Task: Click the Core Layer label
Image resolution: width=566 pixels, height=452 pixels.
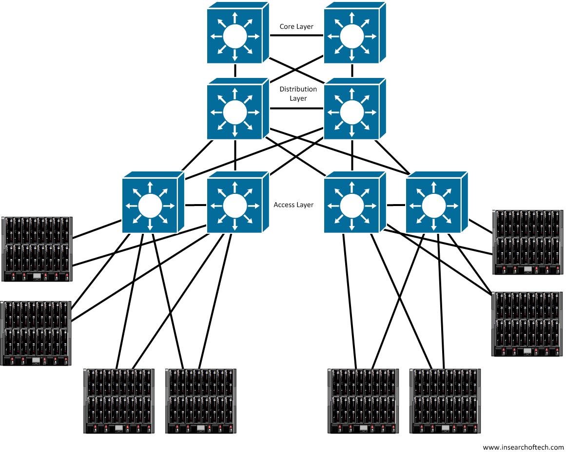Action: click(296, 26)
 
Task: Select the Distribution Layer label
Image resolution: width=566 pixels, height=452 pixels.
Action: click(298, 94)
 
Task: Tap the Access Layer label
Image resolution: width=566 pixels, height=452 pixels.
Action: click(293, 205)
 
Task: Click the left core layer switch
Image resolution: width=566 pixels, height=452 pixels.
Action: click(238, 33)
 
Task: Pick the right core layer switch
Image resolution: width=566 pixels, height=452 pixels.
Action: click(355, 33)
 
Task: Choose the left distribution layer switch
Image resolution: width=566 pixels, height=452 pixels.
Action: click(238, 109)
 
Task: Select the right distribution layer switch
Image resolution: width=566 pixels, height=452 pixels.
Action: click(355, 109)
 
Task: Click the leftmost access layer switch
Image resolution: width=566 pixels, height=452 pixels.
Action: click(153, 202)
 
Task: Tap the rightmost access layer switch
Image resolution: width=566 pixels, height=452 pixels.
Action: click(437, 202)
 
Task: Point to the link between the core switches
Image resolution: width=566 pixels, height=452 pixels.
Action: click(296, 36)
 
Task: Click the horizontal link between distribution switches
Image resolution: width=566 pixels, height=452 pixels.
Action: click(296, 108)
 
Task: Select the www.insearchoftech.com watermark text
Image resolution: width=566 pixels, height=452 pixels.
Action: click(523, 447)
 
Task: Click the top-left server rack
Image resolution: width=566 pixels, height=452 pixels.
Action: click(37, 249)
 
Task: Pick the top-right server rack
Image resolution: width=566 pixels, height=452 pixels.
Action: click(528, 243)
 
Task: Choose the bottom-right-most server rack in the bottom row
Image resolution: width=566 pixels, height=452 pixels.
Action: click(445, 401)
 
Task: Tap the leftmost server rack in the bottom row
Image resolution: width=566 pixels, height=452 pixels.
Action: click(119, 401)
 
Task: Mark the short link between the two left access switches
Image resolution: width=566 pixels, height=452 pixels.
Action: click(195, 205)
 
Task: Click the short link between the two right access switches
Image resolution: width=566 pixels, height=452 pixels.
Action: click(396, 205)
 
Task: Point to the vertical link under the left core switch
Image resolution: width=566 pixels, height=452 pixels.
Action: click(235, 71)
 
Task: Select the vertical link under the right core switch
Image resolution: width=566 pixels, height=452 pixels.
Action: click(352, 71)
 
